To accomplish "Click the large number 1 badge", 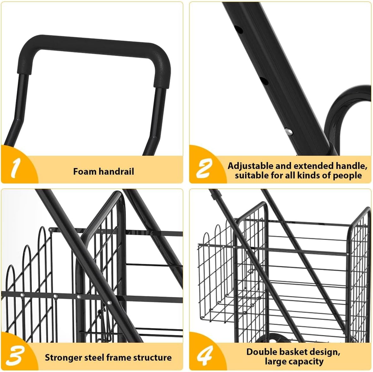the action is tap(15, 168).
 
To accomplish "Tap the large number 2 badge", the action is tap(204, 169).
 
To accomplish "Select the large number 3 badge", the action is tap(15, 356).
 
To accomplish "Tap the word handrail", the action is tap(116, 171).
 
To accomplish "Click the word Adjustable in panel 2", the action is tap(250, 166).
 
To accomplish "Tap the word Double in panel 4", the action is tap(260, 352).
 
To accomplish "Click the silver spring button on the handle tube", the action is tap(289, 132).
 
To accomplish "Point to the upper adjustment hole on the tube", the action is tap(239, 30).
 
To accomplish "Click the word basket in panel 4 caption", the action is tap(291, 352).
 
